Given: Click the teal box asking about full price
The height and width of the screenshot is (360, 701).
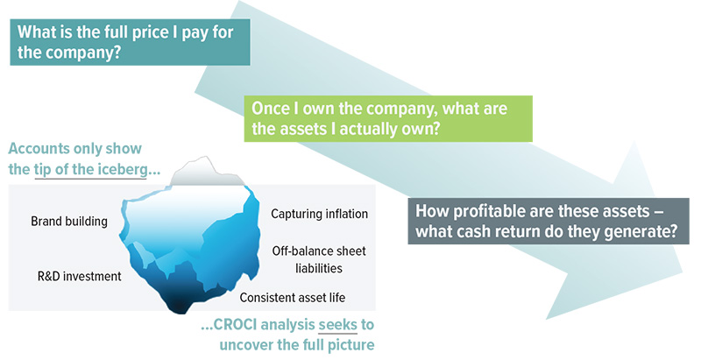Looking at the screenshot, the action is [130, 42].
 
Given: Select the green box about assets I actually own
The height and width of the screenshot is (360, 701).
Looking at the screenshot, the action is [388, 118].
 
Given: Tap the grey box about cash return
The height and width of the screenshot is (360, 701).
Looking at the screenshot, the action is [549, 221].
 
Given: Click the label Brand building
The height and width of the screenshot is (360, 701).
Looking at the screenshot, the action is [69, 221].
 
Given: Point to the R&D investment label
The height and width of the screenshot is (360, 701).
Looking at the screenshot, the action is [79, 276].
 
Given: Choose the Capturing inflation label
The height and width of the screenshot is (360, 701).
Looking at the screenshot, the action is [319, 214].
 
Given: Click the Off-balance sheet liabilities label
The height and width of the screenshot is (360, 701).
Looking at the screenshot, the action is [319, 259].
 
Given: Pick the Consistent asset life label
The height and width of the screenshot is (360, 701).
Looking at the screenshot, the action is [293, 298].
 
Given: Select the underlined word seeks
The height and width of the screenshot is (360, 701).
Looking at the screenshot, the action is [337, 325].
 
